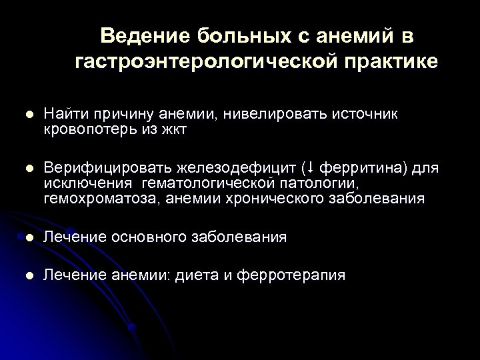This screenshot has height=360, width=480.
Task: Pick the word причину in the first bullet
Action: coord(118,115)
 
